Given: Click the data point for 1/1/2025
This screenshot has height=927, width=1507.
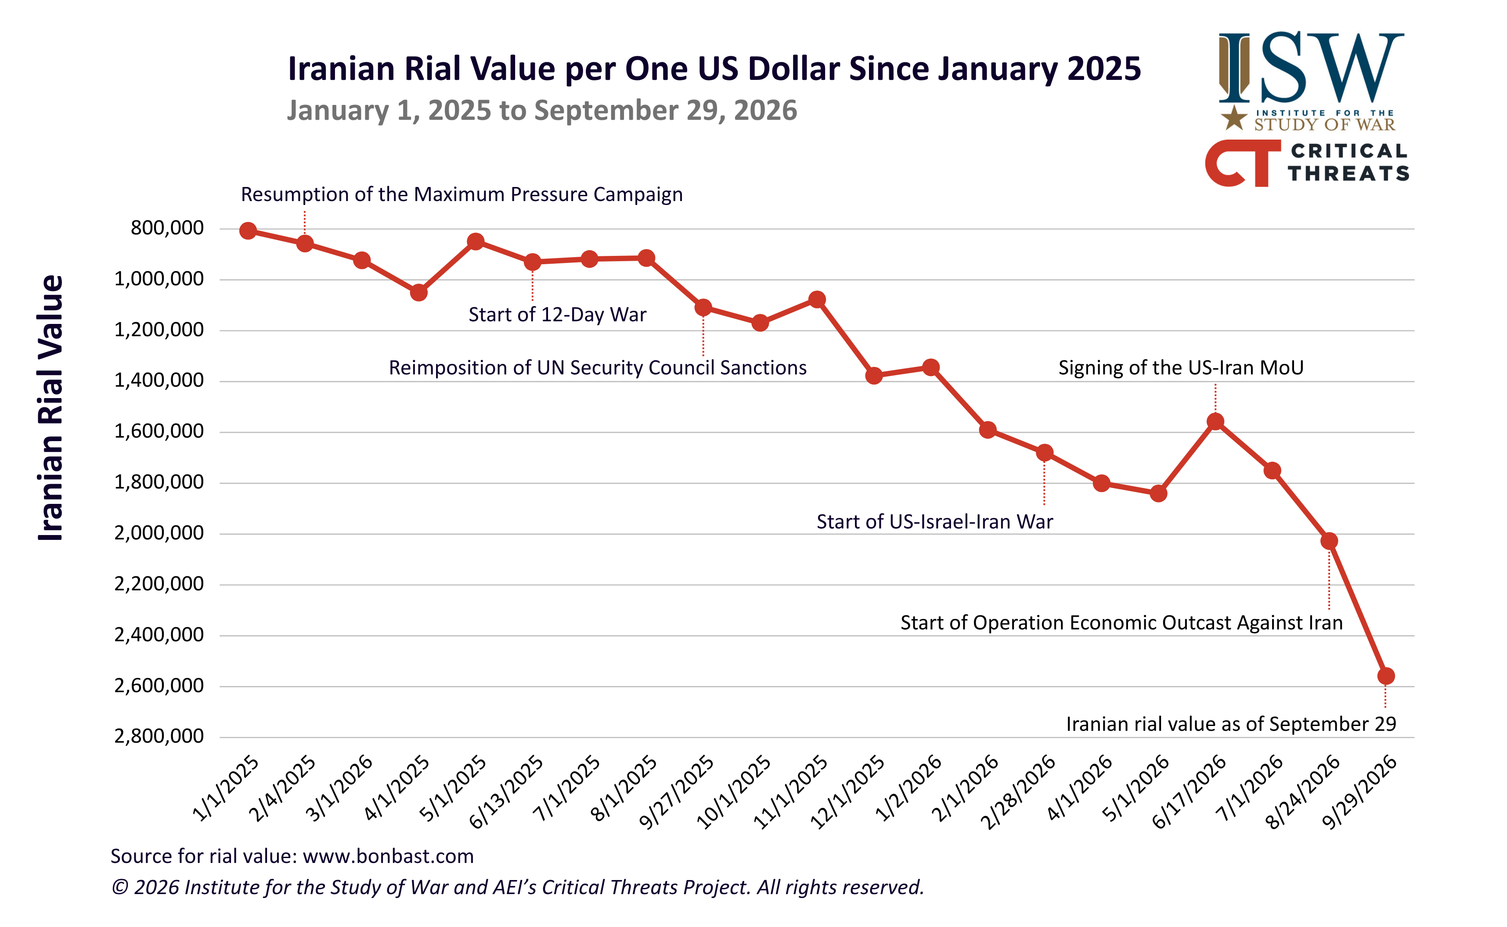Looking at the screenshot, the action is (248, 230).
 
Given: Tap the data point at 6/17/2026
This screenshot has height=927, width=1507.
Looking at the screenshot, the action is (1215, 421).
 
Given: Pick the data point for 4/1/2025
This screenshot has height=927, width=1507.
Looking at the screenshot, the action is (418, 292).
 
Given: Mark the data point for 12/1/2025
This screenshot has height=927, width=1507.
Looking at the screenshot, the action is (873, 375).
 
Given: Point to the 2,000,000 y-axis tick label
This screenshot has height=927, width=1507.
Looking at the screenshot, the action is (159, 533).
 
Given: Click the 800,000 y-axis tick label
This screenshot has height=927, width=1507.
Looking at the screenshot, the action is (167, 228).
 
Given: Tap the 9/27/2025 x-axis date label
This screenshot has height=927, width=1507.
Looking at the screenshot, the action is (676, 792).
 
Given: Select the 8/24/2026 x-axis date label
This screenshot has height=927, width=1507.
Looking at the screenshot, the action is (1303, 792).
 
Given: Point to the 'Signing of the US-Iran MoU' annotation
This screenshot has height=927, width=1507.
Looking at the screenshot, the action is (1181, 367).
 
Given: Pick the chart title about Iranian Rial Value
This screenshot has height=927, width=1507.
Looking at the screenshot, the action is (714, 68).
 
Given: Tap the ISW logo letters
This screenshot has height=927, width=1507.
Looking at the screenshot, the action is (1311, 68).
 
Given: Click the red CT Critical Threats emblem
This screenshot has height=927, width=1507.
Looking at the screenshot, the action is (1243, 163).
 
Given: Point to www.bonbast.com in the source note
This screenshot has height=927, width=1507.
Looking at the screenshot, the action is (388, 856).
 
